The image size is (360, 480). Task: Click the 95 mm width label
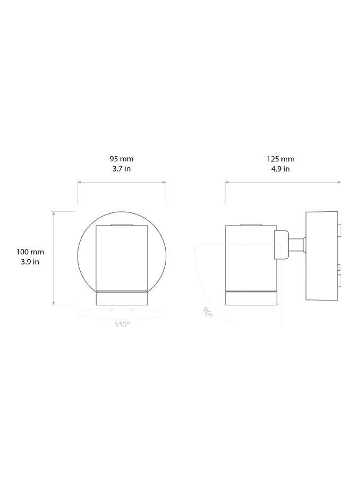[122, 159]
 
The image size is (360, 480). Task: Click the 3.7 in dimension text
[122, 169]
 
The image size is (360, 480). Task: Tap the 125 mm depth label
[280, 159]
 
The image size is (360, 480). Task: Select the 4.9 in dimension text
[280, 169]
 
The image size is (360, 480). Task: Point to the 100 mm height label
[30, 252]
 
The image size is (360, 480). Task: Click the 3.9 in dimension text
[30, 262]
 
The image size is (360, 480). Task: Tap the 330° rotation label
[122, 324]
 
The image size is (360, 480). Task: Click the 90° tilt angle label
[208, 312]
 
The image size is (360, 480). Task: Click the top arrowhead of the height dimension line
[53, 213]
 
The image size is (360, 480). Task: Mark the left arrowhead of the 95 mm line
[80, 182]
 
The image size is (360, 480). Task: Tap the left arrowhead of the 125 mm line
[227, 182]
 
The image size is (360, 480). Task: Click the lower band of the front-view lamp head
[122, 298]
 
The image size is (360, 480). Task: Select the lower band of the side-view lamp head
[251, 298]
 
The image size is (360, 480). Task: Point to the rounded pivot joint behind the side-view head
[281, 245]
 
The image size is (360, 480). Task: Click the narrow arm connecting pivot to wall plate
[297, 245]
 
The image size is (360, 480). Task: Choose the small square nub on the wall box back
[339, 229]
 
